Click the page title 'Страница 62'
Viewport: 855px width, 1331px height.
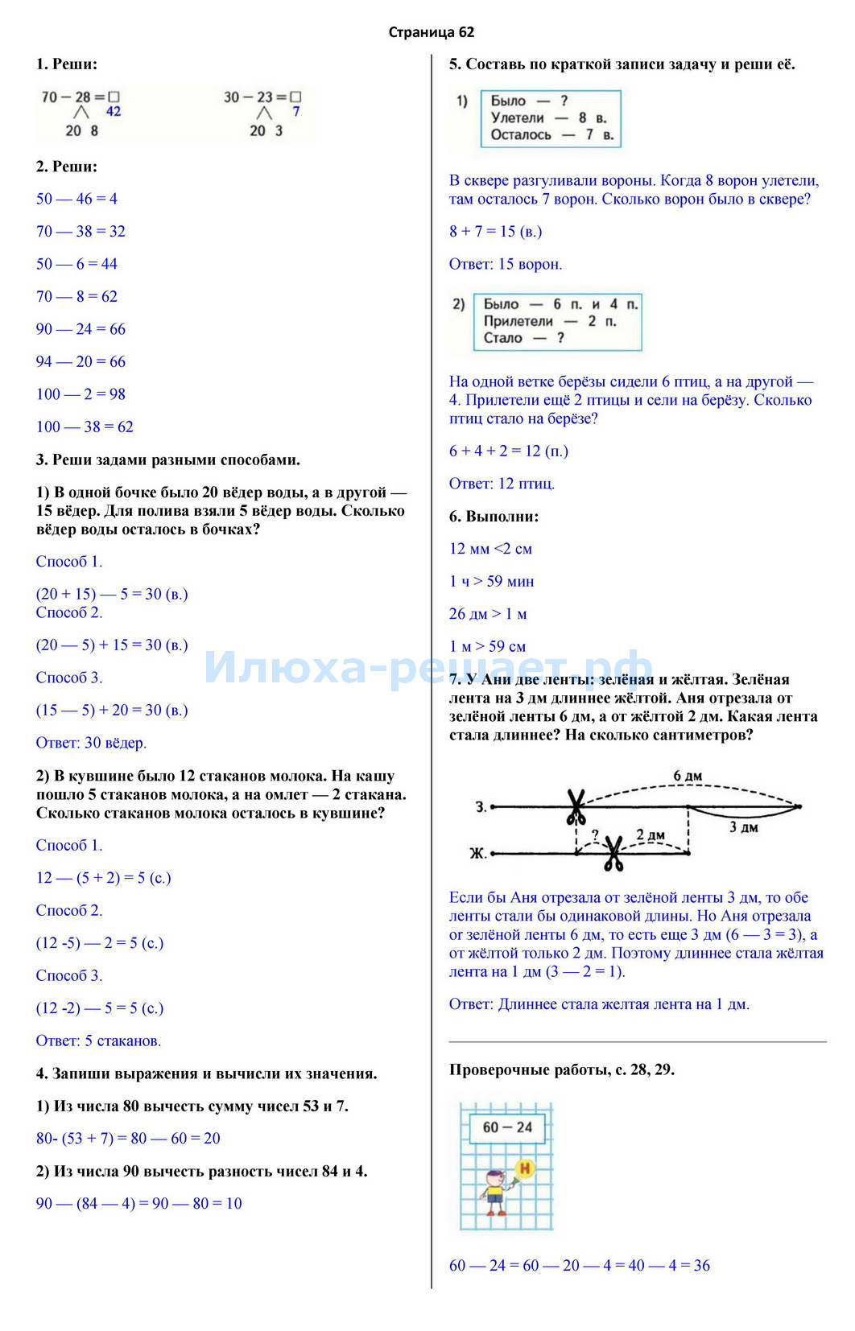[x=431, y=32]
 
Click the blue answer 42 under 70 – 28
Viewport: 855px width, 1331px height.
[x=113, y=112]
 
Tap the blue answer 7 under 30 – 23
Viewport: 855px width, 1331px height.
[x=295, y=112]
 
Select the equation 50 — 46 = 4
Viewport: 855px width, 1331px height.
[x=76, y=199]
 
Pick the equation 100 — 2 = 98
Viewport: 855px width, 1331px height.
[x=81, y=394]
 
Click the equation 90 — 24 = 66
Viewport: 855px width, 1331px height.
[x=81, y=329]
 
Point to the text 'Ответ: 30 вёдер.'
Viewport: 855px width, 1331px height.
[x=91, y=743]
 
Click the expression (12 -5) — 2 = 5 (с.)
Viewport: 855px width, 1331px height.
[x=100, y=943]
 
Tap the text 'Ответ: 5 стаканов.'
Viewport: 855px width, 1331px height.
[x=98, y=1041]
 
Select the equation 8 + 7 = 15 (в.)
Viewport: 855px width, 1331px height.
[x=495, y=232]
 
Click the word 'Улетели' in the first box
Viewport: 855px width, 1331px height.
[x=518, y=118]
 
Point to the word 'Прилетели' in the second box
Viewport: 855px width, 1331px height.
[x=518, y=321]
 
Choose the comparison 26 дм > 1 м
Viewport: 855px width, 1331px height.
[x=488, y=615]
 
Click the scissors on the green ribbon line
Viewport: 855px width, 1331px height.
[x=576, y=807]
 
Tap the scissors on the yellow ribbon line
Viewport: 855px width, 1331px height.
[x=613, y=854]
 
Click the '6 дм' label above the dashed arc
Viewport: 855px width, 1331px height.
[x=688, y=777]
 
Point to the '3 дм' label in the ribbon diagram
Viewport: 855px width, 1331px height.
[x=743, y=827]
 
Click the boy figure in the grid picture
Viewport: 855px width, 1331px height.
[x=495, y=1190]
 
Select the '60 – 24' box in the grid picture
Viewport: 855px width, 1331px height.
[x=507, y=1127]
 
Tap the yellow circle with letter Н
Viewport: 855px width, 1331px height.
[x=525, y=1168]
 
